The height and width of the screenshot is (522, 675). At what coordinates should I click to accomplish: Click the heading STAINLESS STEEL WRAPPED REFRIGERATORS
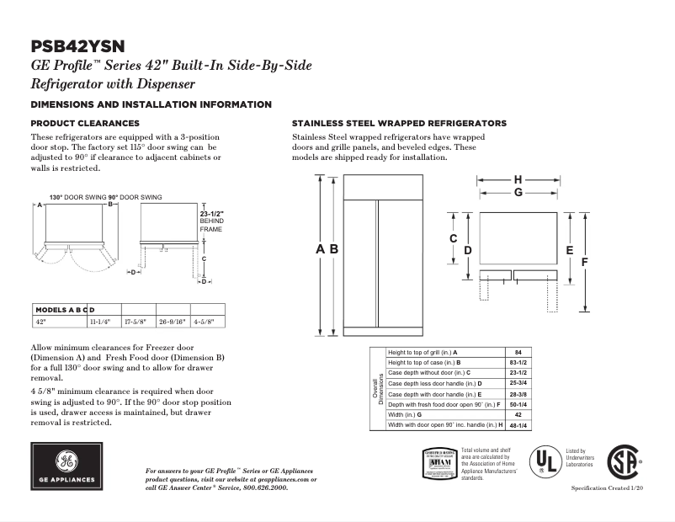(398, 123)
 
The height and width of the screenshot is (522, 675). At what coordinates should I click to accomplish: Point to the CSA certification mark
(624, 462)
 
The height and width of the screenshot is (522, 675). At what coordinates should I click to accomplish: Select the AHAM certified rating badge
(438, 463)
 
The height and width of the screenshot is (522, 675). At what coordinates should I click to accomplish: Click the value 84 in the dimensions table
(518, 351)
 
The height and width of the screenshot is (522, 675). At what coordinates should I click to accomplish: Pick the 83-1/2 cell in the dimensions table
(518, 361)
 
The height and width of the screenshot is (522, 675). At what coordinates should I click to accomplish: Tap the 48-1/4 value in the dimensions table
(518, 425)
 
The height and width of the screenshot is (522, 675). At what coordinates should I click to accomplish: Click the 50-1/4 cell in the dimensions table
(518, 404)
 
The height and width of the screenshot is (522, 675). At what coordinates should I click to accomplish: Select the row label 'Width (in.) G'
(405, 415)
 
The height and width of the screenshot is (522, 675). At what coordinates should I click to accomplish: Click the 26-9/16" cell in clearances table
(173, 321)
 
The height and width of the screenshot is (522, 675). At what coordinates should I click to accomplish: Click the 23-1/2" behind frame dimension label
(210, 221)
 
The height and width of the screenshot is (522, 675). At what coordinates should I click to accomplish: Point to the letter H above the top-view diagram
(518, 179)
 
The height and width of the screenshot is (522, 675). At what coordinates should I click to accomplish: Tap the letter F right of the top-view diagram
(582, 262)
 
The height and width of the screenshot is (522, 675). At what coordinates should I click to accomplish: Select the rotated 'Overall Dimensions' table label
(377, 388)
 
